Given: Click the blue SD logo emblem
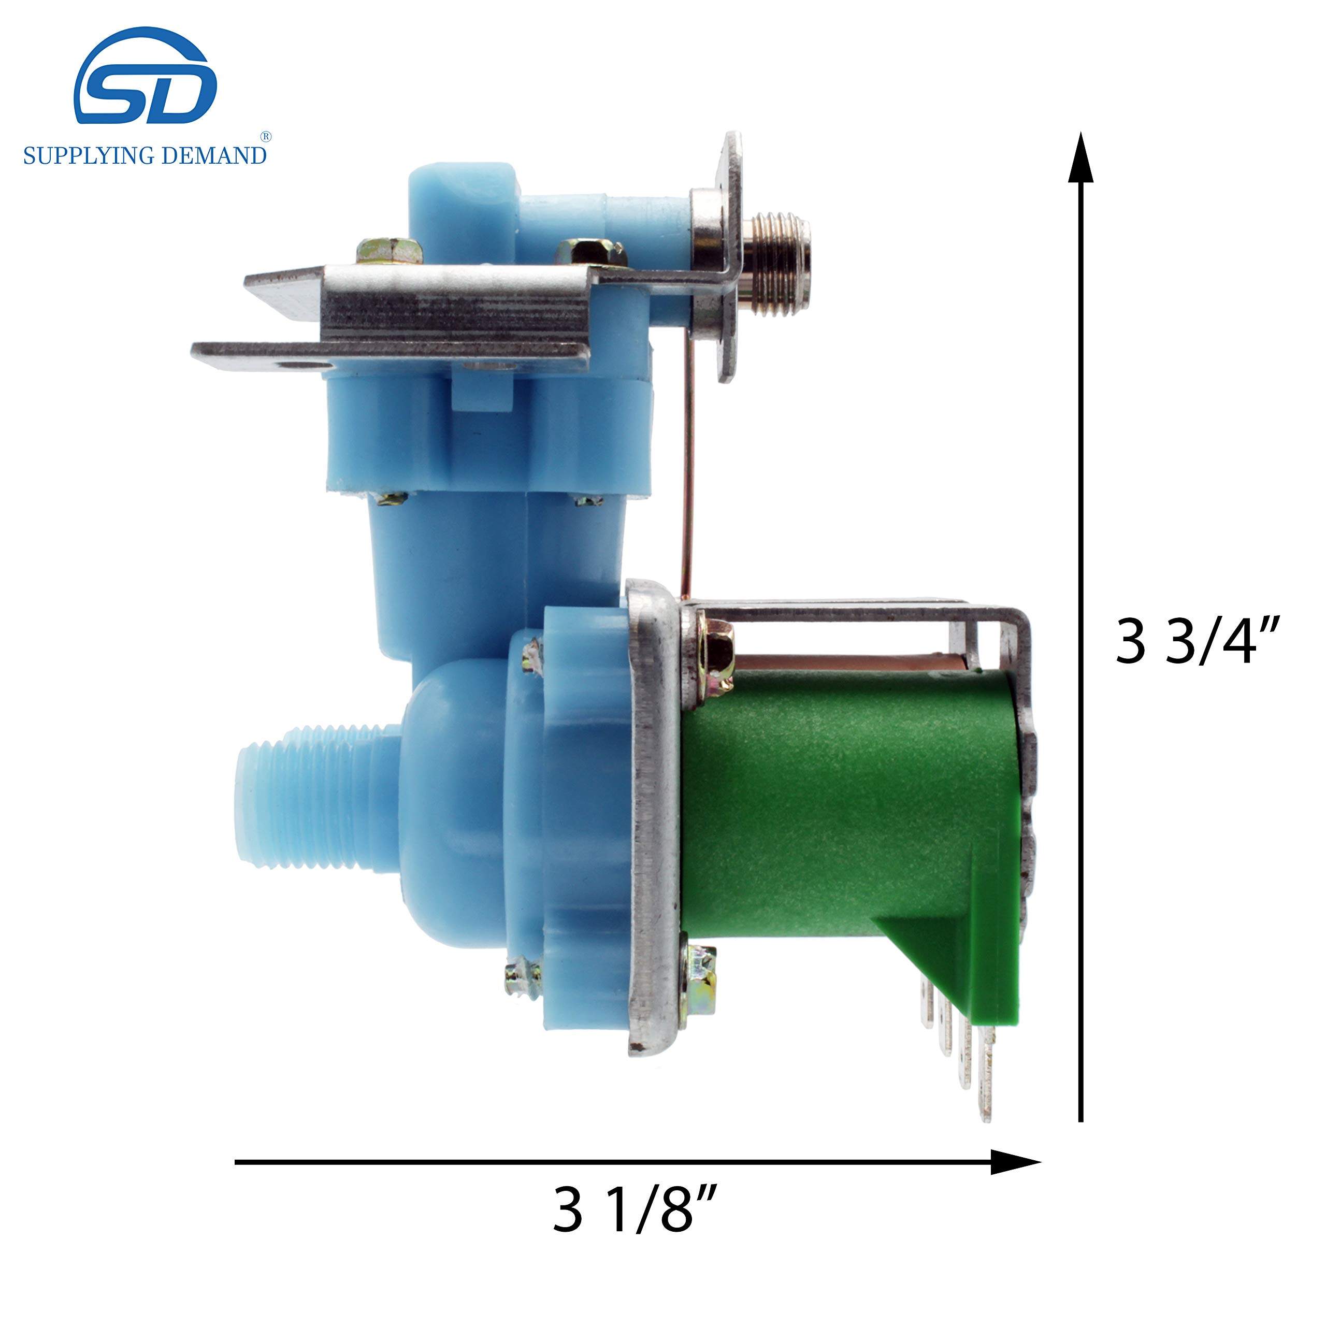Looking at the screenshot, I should [x=146, y=79].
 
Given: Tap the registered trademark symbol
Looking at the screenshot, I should [x=266, y=137].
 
